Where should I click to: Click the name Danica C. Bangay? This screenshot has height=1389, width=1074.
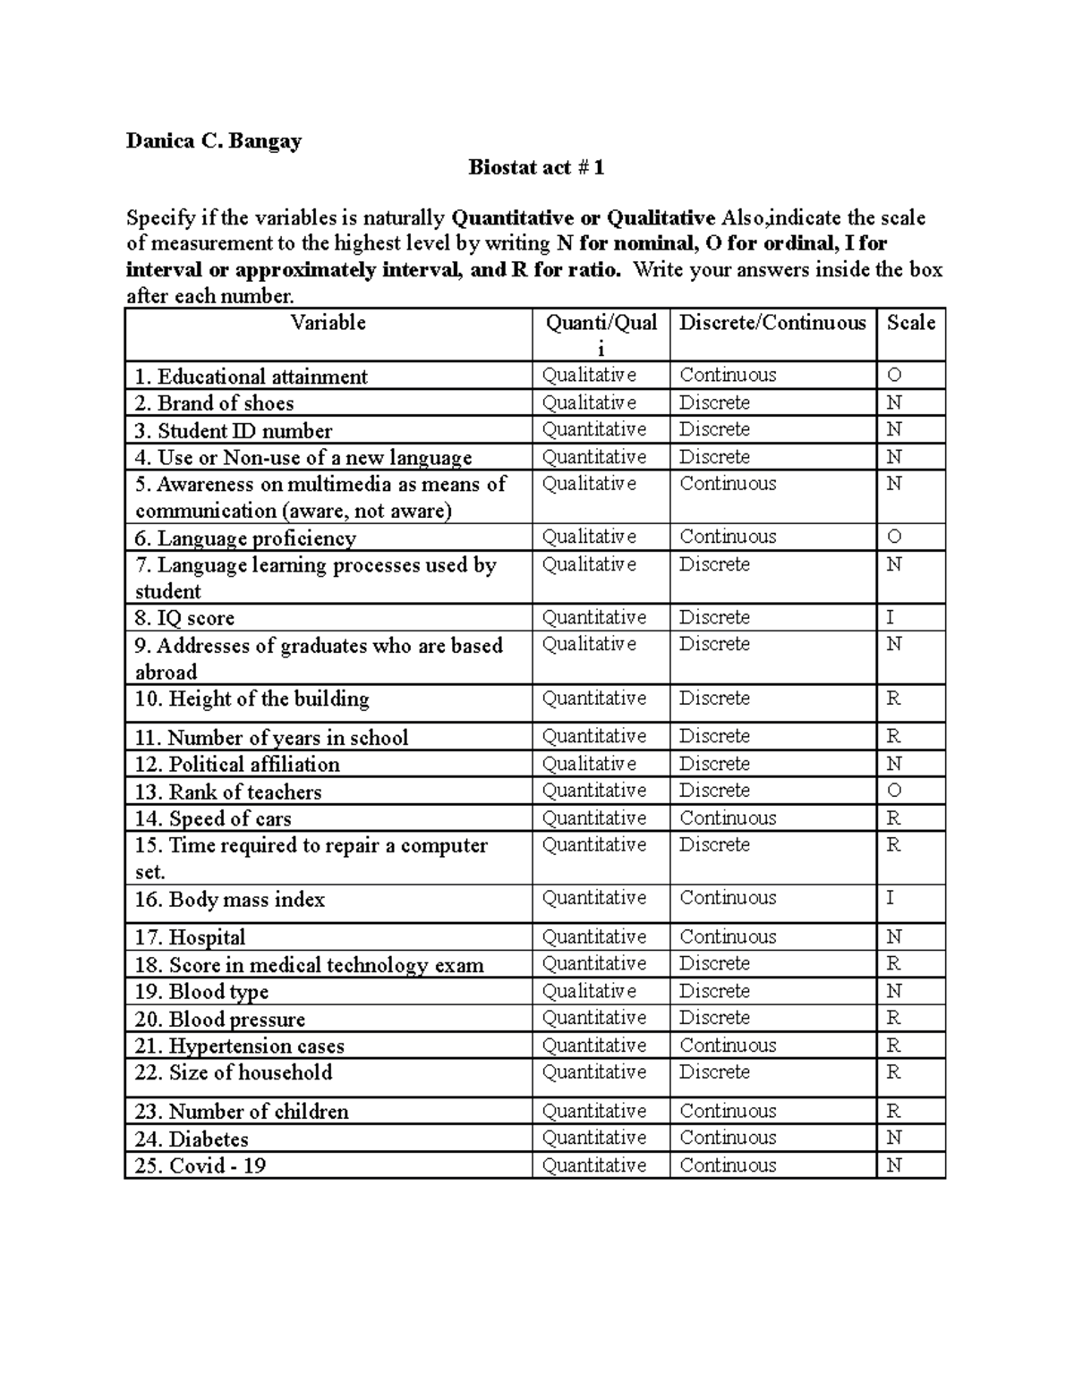(213, 140)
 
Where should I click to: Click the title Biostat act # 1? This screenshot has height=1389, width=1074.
(536, 167)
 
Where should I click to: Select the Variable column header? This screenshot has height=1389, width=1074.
(328, 323)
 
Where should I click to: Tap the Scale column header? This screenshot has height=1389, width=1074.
(910, 323)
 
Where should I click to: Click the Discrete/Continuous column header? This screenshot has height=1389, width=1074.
(772, 323)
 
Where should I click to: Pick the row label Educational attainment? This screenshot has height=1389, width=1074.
(251, 377)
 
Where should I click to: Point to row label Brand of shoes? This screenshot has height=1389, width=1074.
(214, 403)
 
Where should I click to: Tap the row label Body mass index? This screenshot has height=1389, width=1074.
(230, 900)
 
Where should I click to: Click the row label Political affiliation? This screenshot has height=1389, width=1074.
(237, 765)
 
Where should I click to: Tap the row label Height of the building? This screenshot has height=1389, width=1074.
(251, 699)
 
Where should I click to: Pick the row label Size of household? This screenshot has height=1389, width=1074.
(234, 1072)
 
